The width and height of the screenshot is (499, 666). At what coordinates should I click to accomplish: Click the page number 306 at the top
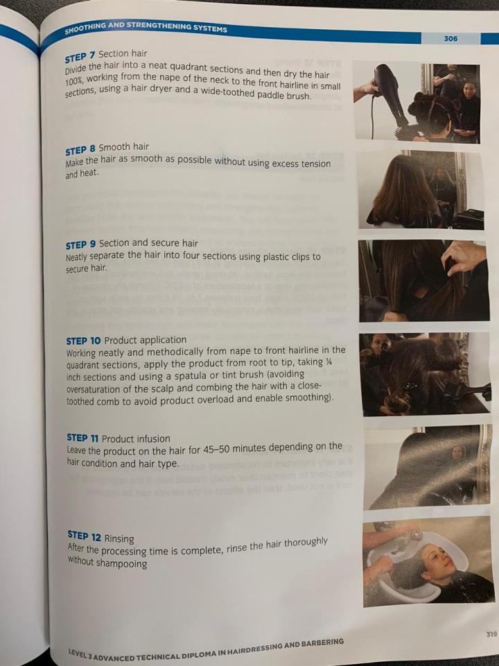click(450, 39)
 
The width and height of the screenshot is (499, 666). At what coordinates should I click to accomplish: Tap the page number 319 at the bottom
click(491, 634)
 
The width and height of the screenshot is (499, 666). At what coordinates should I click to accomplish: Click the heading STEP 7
click(80, 56)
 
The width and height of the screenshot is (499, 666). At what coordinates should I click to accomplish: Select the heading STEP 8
click(80, 151)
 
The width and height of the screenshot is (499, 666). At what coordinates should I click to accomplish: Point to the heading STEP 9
click(81, 245)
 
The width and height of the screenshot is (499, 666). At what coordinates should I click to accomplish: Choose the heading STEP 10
click(84, 341)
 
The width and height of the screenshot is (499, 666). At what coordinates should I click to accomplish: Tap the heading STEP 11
click(82, 438)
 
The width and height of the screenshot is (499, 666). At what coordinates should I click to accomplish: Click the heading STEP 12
click(84, 536)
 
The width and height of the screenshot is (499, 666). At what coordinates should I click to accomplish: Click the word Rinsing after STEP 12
click(119, 538)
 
